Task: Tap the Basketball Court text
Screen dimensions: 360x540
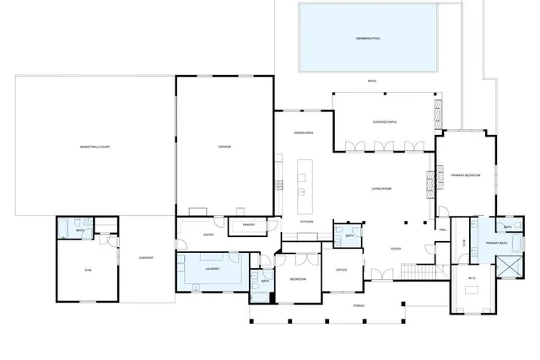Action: [95, 147]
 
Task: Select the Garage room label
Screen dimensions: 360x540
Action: [224, 147]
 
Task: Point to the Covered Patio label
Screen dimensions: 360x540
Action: [385, 122]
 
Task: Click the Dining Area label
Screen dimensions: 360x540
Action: [304, 133]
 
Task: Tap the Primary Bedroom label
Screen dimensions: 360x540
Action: [465, 175]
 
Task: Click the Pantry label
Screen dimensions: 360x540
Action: [249, 225]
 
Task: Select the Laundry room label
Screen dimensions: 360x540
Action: [212, 268]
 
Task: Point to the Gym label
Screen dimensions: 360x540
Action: [86, 271]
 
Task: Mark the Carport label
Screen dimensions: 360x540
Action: [146, 257]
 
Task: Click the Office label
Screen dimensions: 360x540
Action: [342, 270]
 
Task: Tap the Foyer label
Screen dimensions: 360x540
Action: [395, 249]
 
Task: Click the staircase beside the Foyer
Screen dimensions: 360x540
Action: [418, 271]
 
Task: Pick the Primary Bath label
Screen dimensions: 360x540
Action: [496, 244]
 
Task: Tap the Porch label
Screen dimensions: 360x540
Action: [359, 306]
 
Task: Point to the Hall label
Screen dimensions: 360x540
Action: [443, 228]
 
